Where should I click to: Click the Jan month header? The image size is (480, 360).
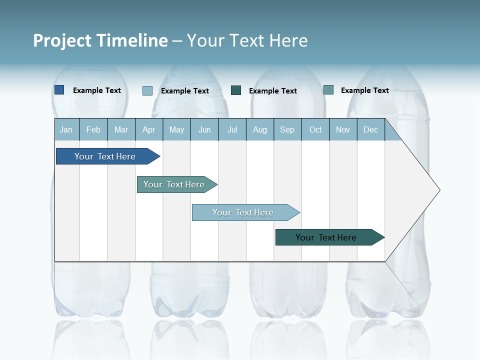66,129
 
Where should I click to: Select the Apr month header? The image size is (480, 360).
148,129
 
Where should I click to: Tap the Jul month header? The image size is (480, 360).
232,129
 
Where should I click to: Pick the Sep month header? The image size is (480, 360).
287,129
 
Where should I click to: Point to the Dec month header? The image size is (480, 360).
370,129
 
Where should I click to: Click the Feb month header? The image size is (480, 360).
93,129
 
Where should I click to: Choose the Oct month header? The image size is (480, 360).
315,129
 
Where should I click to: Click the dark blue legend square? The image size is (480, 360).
59,90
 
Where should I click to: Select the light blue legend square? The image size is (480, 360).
147,90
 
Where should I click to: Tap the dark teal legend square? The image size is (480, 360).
236,90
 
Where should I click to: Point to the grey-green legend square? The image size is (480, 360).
328,90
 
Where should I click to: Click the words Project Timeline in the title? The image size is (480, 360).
100,40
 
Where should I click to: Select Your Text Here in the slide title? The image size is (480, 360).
247,40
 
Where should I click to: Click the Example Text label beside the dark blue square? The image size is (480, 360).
97,90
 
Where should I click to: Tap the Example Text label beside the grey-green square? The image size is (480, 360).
364,90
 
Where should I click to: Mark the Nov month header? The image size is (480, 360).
343,129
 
